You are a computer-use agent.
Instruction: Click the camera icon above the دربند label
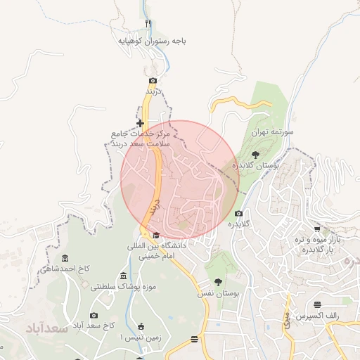pyautogui.click(x=153, y=81)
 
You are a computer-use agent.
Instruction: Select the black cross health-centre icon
pyautogui.click(x=141, y=123)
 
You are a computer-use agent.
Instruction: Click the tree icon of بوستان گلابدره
pyautogui.click(x=255, y=153)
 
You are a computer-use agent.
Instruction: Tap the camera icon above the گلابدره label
pyautogui.click(x=238, y=213)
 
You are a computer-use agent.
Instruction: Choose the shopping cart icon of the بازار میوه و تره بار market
pyautogui.click(x=318, y=229)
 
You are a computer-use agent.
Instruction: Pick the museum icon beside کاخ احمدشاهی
pyautogui.click(x=65, y=257)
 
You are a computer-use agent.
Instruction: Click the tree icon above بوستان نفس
pyautogui.click(x=218, y=281)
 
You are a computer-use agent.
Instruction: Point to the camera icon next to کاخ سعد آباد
pyautogui.click(x=94, y=315)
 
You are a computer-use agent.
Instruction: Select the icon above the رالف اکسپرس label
pyautogui.click(x=318, y=304)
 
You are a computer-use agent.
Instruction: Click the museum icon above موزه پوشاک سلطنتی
pyautogui.click(x=124, y=275)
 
